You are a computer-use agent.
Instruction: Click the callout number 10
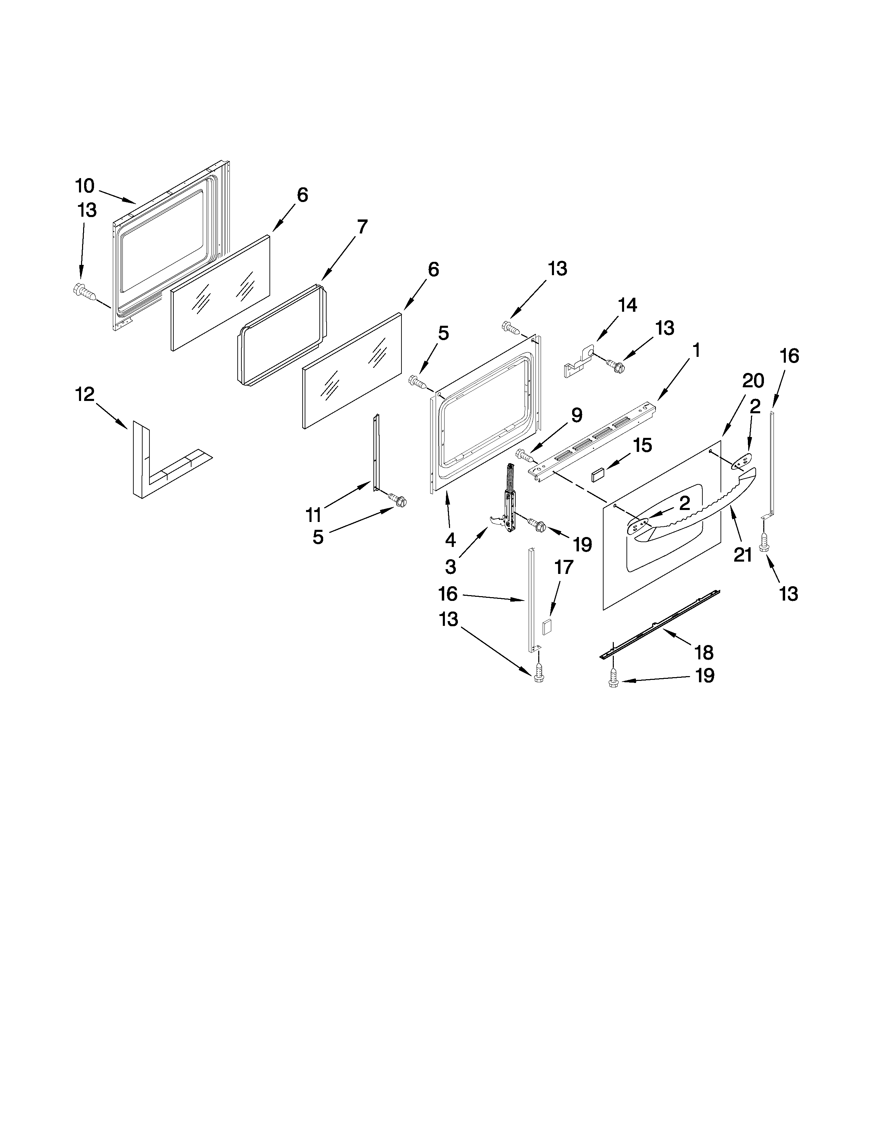[85, 185]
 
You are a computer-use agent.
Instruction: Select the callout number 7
[362, 226]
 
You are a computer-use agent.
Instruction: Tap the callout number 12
[85, 394]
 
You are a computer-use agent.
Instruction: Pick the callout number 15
[643, 445]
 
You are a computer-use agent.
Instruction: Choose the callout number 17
[564, 567]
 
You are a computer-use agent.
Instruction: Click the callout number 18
[704, 652]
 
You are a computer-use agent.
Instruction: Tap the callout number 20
[753, 381]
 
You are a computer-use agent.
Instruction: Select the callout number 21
[742, 555]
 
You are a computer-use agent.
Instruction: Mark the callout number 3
[450, 567]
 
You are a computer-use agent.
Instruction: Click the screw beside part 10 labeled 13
[85, 292]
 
